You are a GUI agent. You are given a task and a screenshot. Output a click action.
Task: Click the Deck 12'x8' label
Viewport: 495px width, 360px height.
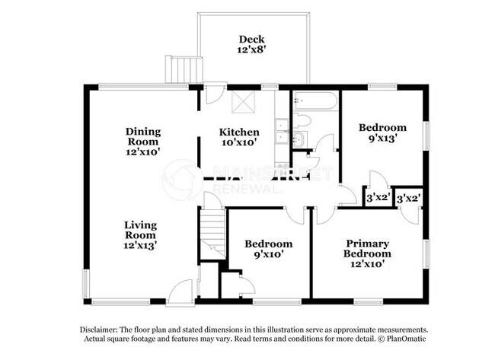[x=251, y=45]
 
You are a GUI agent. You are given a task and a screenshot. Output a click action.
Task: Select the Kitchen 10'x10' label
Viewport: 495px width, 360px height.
[x=239, y=137]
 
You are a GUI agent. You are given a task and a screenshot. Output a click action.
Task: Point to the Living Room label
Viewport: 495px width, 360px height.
[x=141, y=235]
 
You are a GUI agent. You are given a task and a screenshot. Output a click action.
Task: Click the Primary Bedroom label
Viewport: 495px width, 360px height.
[x=367, y=254]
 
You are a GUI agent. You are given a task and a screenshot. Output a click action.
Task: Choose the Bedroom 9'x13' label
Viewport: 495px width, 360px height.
[x=382, y=133]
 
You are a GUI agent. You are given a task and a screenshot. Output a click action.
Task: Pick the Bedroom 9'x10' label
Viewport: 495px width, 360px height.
[x=268, y=250]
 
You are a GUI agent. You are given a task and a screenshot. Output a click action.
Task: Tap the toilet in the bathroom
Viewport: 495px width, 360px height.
[x=302, y=120]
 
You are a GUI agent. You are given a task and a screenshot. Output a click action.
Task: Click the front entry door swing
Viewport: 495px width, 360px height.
[x=180, y=292]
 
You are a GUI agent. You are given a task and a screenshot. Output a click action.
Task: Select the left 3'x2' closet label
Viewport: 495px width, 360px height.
[x=378, y=198]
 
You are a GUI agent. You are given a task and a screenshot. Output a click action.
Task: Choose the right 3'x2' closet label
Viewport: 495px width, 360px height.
[x=409, y=198]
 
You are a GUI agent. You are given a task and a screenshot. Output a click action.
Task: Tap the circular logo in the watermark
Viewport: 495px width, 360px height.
[x=184, y=180]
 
